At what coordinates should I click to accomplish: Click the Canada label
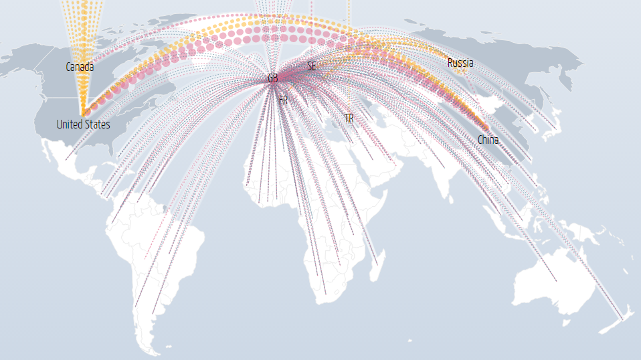(x=80, y=67)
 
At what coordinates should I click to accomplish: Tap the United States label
(x=83, y=124)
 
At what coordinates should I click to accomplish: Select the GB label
(x=272, y=78)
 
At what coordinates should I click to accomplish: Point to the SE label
(x=311, y=66)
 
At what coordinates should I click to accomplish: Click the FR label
(x=283, y=100)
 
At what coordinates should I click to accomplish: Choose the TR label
(x=349, y=118)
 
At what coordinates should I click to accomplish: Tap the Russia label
(x=460, y=63)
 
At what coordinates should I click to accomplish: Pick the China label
(x=488, y=140)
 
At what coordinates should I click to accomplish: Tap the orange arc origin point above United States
(x=83, y=112)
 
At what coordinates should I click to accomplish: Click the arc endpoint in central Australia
(x=556, y=280)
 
